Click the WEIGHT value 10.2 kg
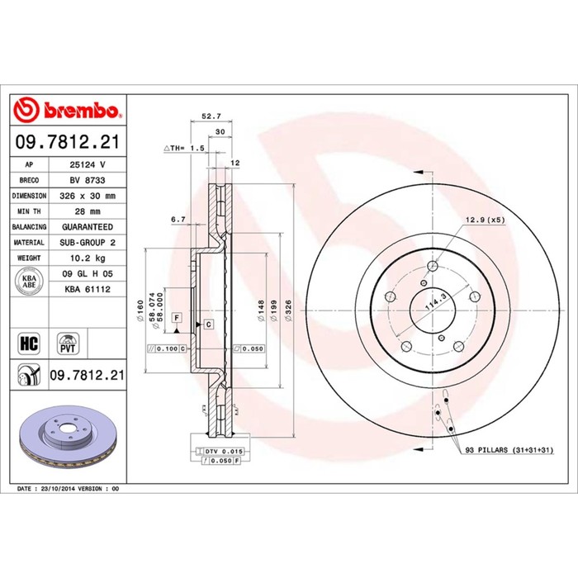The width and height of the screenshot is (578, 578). (x=88, y=258)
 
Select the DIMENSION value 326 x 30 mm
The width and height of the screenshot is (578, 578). (x=88, y=196)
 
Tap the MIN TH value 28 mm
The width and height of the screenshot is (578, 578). (x=88, y=211)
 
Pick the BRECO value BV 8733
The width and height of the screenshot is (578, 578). (x=88, y=180)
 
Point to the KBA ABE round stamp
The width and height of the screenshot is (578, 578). (x=29, y=282)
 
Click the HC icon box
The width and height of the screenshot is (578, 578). (x=29, y=343)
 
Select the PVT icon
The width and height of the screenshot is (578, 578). (x=68, y=343)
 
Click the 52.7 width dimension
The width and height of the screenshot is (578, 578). (x=211, y=116)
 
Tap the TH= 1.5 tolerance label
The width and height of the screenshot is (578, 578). (x=184, y=148)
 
